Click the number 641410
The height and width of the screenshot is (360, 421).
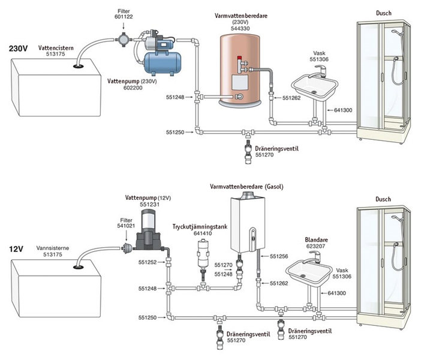[202, 233]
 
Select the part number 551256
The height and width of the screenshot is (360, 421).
[280, 256]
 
